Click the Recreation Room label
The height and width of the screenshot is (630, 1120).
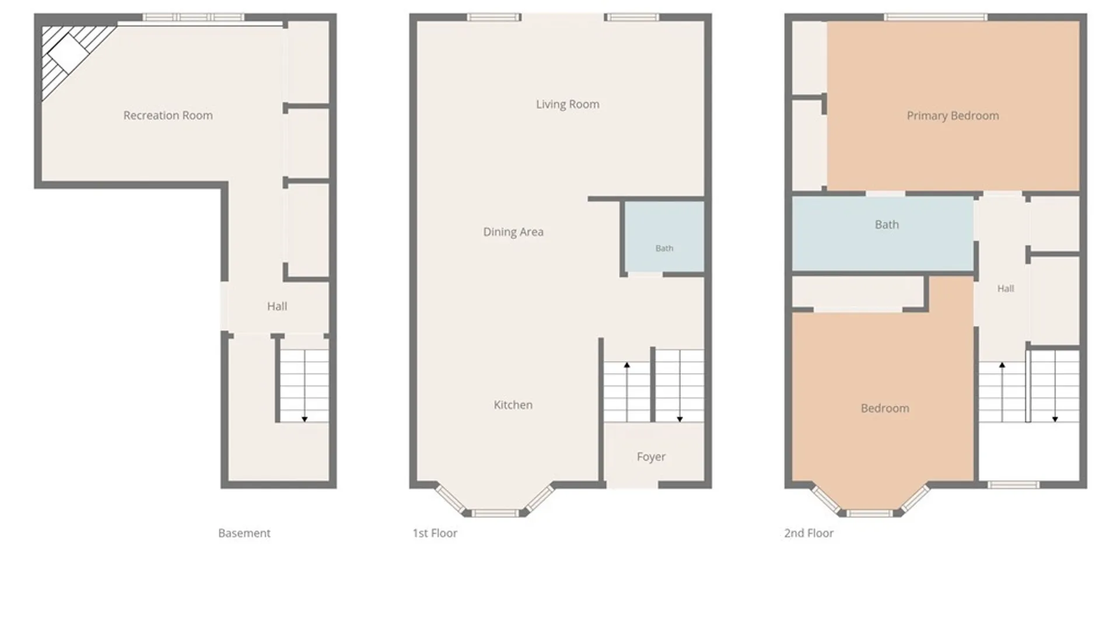point(168,116)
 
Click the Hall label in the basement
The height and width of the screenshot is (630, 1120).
point(277,306)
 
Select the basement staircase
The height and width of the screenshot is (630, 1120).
point(304,386)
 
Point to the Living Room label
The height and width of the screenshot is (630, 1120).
point(568,104)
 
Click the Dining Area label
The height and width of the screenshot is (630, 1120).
point(513,232)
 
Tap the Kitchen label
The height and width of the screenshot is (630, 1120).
point(513,405)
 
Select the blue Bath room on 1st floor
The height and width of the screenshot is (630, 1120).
point(664,236)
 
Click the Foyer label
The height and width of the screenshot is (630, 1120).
point(651,457)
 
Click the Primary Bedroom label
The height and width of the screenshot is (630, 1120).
point(953,116)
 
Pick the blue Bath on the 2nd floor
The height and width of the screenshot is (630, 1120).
point(883,233)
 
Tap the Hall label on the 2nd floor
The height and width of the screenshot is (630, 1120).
point(1006,288)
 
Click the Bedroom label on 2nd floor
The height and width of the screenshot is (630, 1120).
point(885,408)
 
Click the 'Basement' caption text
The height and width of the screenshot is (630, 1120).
point(244,533)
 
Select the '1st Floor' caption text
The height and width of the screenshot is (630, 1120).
point(435,533)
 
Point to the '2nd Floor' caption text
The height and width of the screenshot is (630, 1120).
point(808,533)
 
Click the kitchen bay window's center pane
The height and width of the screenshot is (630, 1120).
point(495,513)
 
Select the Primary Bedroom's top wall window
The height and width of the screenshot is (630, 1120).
point(936,17)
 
